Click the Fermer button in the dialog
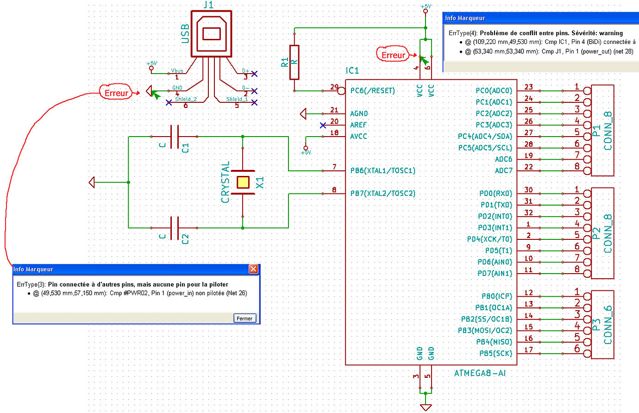coord(244,318)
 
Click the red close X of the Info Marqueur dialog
coord(253,269)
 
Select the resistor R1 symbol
coord(294,62)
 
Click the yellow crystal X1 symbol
coord(243,182)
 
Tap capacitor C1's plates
coord(174,137)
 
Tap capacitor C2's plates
coord(174,228)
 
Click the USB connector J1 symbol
coord(211,34)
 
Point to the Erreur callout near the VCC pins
coord(393,55)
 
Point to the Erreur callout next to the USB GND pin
coord(116,93)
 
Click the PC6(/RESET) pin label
coord(372,91)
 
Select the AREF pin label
coord(358,125)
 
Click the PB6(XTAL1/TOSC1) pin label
coord(382,171)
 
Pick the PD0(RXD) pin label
coord(495,194)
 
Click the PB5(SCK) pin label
coord(495,353)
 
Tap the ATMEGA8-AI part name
coord(480,373)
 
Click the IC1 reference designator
coord(352,70)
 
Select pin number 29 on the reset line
coord(334,87)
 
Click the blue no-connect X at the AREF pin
coord(323,125)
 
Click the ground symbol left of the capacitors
coord(92,182)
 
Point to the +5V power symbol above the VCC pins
coord(426,7)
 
